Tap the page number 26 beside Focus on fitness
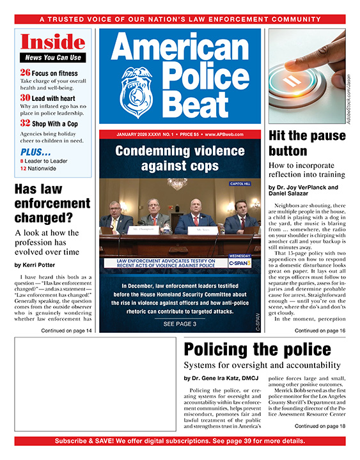pyautogui.click(x=25, y=72)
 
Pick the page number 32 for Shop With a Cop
pyautogui.click(x=25, y=122)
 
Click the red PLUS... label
pyautogui.click(x=36, y=153)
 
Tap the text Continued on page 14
pyautogui.click(x=67, y=330)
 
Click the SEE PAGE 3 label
pyautogui.click(x=180, y=324)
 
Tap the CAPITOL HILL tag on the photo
pyautogui.click(x=242, y=183)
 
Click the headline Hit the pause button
pyautogui.click(x=306, y=143)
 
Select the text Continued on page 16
pyautogui.click(x=320, y=330)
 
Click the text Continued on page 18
pyautogui.click(x=320, y=425)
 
